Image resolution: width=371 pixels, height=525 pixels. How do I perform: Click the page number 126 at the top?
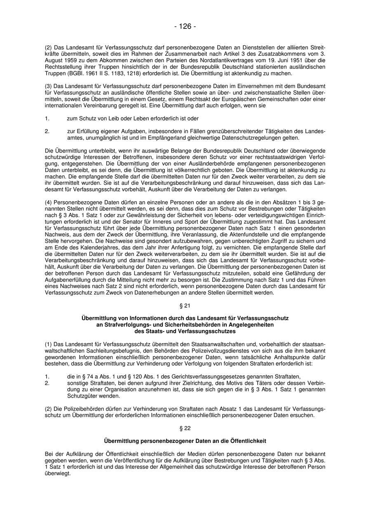coord(185,26)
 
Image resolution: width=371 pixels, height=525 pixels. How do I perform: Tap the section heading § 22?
coord(185,428)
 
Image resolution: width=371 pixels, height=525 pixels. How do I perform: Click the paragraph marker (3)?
coord(48,86)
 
